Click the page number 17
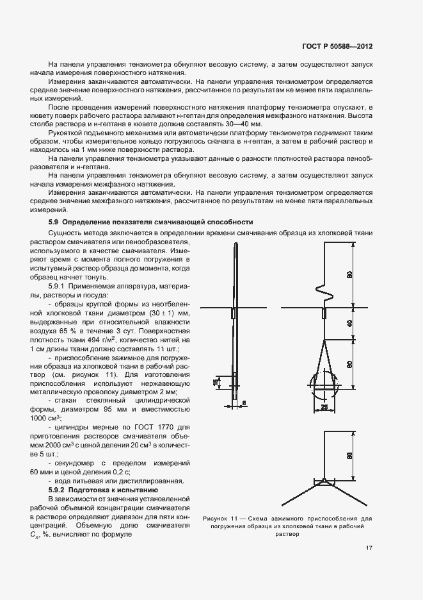click(x=369, y=547)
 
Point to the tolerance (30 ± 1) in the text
click(x=159, y=312)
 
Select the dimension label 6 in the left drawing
click(x=244, y=403)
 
